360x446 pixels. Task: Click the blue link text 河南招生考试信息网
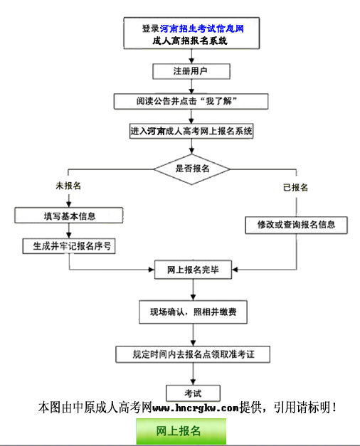point(202,28)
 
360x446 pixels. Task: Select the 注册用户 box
point(191,71)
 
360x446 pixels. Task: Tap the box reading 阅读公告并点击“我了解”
point(191,101)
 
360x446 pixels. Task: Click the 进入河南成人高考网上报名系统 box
point(191,132)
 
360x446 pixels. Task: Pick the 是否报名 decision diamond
point(191,169)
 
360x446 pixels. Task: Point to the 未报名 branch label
point(68,186)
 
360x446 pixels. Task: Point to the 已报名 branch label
point(295,187)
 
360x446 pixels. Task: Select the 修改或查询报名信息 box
point(297,225)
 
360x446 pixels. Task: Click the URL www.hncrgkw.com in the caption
point(196,408)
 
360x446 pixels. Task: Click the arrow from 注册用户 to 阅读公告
point(191,86)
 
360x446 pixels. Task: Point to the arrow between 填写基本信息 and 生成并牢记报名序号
point(69,230)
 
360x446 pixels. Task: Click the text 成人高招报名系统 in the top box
point(190,41)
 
